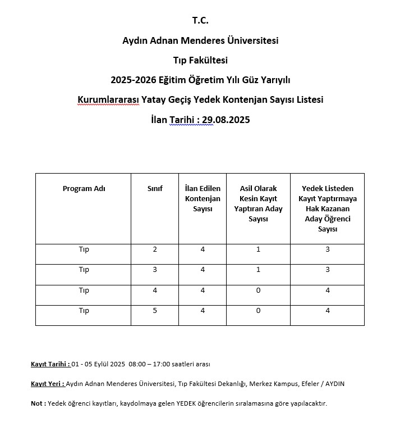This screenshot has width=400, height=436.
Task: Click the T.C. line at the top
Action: click(200, 21)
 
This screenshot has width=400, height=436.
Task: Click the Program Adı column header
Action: click(84, 189)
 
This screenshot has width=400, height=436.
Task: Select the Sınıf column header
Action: click(155, 189)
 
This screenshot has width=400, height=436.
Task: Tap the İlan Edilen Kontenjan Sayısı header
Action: click(203, 198)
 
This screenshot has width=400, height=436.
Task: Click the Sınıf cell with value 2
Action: click(155, 249)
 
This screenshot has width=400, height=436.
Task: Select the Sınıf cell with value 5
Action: click(155, 311)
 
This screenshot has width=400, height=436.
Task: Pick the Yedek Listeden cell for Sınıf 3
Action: click(328, 270)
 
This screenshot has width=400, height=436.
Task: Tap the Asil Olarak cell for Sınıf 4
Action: click(258, 290)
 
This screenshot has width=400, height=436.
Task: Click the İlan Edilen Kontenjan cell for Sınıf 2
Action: click(203, 249)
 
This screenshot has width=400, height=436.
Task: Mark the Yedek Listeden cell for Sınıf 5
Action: click(328, 311)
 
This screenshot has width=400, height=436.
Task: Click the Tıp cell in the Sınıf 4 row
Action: click(84, 290)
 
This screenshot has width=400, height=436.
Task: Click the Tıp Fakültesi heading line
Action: click(200, 60)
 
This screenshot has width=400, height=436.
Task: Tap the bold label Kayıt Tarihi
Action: click(50, 364)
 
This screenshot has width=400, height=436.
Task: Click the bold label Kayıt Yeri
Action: click(48, 384)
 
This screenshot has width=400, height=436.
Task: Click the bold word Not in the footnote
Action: click(37, 403)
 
